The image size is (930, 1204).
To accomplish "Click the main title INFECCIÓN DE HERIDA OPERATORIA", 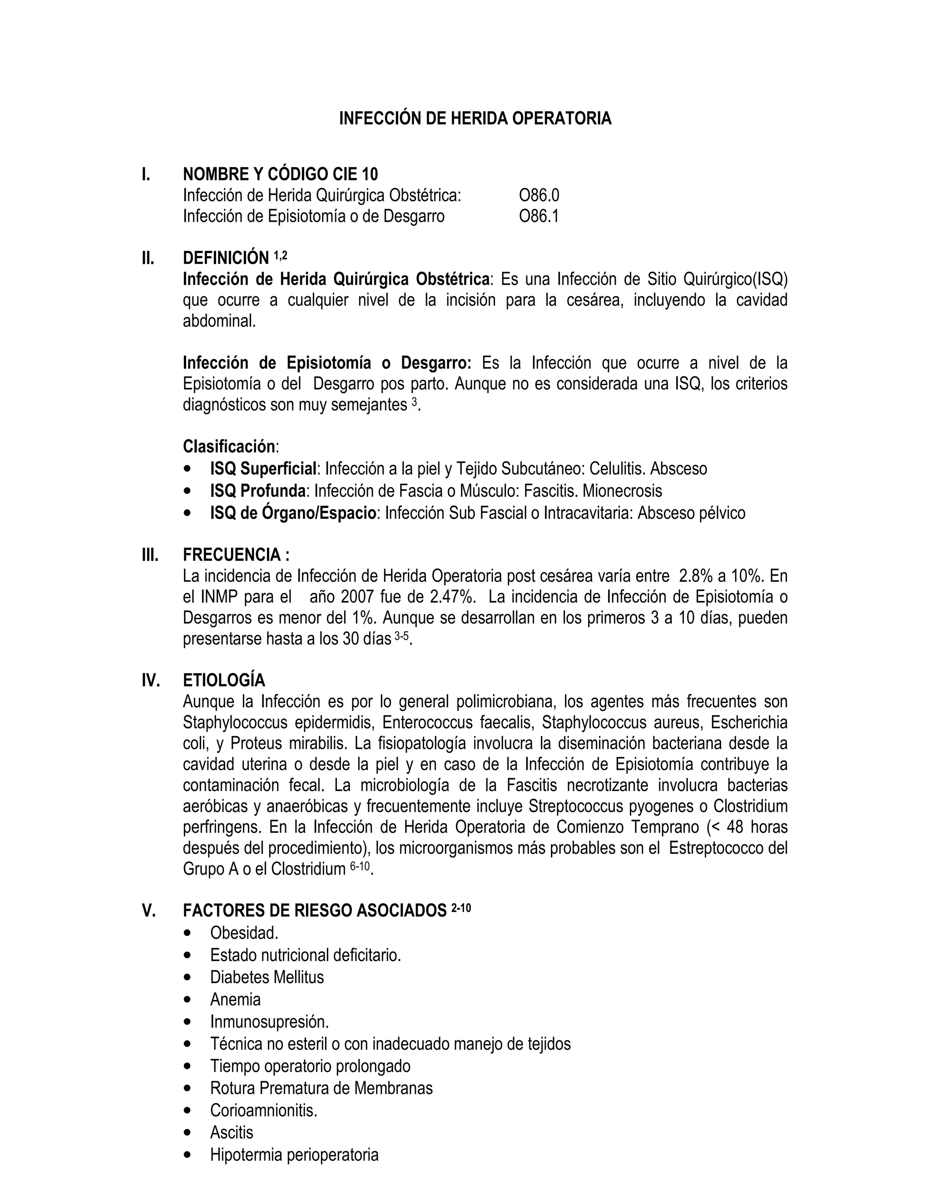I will pyautogui.click(x=475, y=119).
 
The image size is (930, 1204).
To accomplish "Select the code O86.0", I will pyautogui.click(x=539, y=195).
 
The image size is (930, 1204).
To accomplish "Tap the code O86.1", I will pyautogui.click(x=539, y=216).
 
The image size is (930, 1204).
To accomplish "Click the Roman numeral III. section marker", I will pyautogui.click(x=150, y=555).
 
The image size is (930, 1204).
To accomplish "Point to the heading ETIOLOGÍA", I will pyautogui.click(x=224, y=680).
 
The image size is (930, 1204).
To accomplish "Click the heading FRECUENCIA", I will pyautogui.click(x=236, y=555).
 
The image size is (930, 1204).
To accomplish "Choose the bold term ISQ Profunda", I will pyautogui.click(x=258, y=491).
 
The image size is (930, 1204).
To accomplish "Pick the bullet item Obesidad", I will pyautogui.click(x=244, y=933).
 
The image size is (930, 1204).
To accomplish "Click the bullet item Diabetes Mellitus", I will pyautogui.click(x=267, y=977).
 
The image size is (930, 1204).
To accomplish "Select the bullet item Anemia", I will pyautogui.click(x=235, y=999).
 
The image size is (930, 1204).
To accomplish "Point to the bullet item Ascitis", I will pyautogui.click(x=232, y=1132).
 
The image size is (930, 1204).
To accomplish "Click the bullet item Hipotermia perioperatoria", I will pyautogui.click(x=294, y=1154).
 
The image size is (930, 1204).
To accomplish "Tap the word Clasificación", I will pyautogui.click(x=229, y=446).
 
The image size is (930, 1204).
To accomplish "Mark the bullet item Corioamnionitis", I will pyautogui.click(x=263, y=1110).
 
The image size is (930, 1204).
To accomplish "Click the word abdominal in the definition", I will pyautogui.click(x=219, y=321).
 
